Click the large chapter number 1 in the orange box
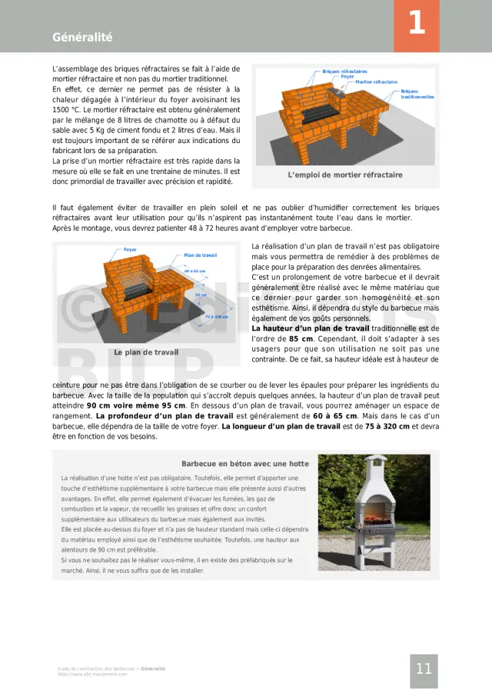[416, 24]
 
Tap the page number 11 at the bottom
[424, 668]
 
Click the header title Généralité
[82, 38]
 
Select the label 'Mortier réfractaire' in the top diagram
[377, 82]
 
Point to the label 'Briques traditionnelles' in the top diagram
[417, 94]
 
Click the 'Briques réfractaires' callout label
[344, 71]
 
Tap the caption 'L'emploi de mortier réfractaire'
[345, 175]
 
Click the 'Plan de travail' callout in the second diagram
[201, 255]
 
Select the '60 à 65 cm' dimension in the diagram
[195, 272]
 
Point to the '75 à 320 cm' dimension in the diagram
[217, 316]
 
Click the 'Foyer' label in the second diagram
[131, 250]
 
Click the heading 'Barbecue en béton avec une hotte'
[245, 464]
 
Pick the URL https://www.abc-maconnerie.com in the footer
[91, 675]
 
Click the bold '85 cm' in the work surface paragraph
[301, 338]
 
